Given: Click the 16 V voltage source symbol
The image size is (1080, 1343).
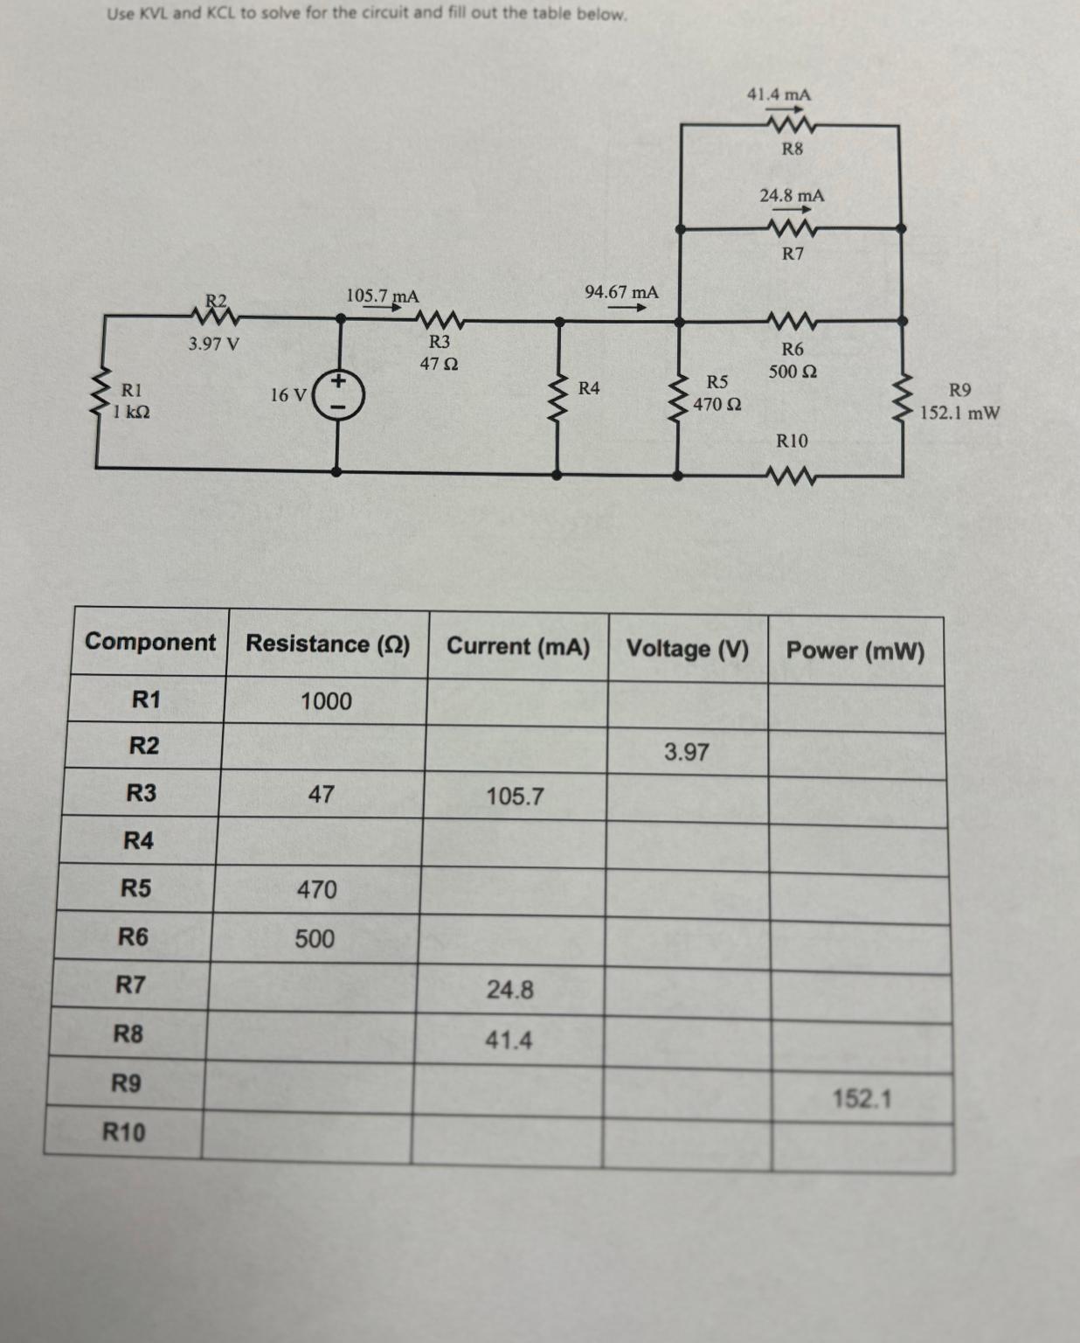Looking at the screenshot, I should (x=339, y=394).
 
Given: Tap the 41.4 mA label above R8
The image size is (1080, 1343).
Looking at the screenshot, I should (x=778, y=94).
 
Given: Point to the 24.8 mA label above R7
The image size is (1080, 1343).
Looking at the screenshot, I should (x=791, y=196).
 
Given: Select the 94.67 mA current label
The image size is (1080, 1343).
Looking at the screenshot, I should (x=621, y=291).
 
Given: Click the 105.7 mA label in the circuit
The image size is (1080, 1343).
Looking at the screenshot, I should (x=382, y=296).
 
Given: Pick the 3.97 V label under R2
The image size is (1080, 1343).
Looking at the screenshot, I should (x=213, y=344).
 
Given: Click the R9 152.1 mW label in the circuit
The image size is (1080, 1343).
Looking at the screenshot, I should (x=959, y=401).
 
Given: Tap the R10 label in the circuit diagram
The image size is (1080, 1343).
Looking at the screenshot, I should (x=792, y=441).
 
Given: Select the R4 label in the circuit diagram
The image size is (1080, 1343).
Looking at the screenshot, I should (x=589, y=387).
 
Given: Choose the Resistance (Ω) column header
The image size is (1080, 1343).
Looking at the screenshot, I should (x=328, y=644).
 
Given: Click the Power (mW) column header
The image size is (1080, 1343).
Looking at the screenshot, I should (x=855, y=651).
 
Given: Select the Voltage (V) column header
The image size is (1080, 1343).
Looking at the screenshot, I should (x=688, y=649).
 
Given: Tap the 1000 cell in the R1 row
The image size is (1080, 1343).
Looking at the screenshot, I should (x=326, y=701).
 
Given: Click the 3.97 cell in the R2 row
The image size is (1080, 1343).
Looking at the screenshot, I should (x=686, y=752).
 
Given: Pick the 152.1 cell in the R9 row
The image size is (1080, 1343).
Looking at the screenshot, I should (x=862, y=1098).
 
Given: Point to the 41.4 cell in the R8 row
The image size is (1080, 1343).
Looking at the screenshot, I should (x=509, y=1040).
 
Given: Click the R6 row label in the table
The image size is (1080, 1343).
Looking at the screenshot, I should (x=133, y=937).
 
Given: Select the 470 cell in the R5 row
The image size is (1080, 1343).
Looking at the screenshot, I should (x=316, y=890).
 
